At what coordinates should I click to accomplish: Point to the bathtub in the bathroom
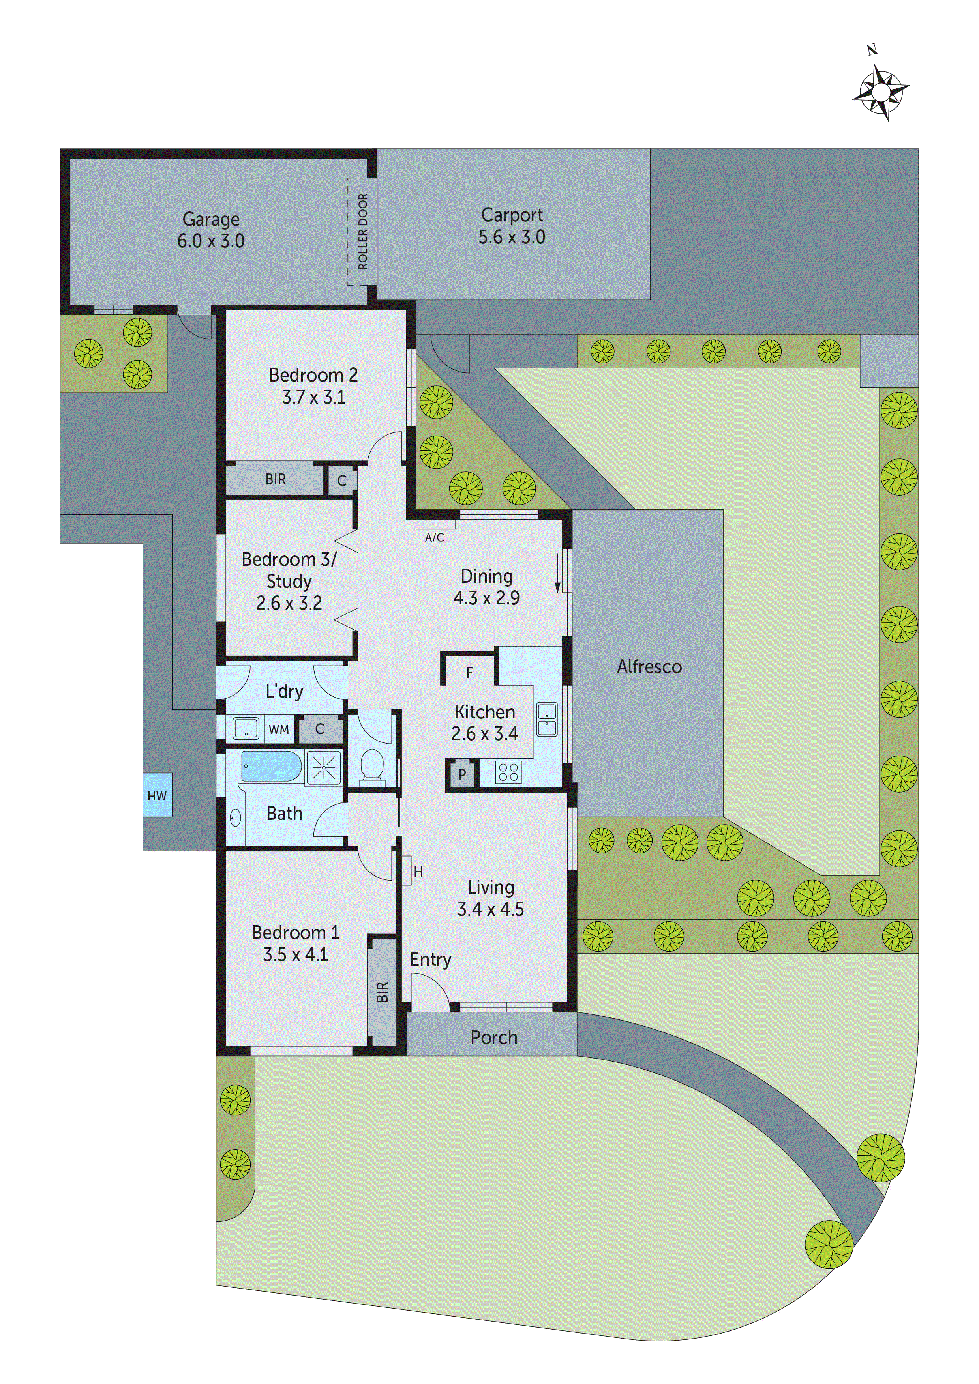pos(272,766)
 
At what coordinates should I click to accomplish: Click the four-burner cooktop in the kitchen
pos(508,772)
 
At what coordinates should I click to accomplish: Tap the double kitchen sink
pos(547,720)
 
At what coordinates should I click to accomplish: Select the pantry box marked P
pos(462,774)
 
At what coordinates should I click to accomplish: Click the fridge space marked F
pos(469,673)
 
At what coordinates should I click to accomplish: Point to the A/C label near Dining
pos(434,537)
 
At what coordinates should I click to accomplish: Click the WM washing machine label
pos(279,729)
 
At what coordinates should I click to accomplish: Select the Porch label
pos(493,1037)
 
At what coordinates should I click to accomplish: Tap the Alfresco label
pos(649,667)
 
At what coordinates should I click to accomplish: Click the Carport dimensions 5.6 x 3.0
pos(512,237)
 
